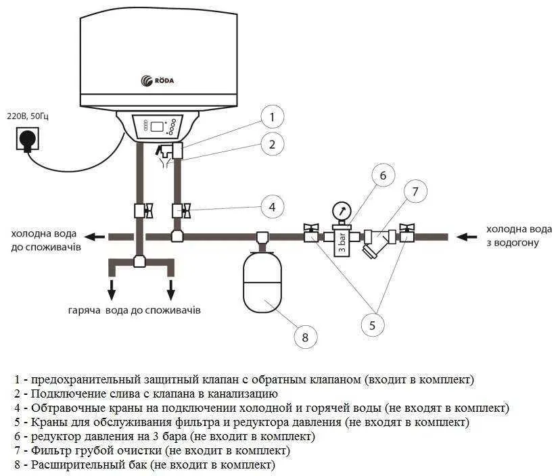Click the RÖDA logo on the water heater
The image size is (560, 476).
[x=158, y=80]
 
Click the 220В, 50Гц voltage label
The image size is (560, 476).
[x=28, y=116]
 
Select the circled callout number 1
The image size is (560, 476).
[x=272, y=117]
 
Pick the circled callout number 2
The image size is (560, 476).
[x=272, y=144]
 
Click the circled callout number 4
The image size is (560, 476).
[x=272, y=207]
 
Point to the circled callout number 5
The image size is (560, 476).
[x=372, y=325]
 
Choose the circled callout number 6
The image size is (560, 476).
[x=383, y=175]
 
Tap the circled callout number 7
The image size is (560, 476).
[x=415, y=192]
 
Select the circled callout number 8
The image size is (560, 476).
[x=305, y=337]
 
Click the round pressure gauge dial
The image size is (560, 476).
[x=342, y=212]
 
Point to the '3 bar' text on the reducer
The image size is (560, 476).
[x=342, y=243]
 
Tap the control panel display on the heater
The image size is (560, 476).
[x=158, y=126]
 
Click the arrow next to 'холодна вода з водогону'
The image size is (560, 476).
[x=467, y=237]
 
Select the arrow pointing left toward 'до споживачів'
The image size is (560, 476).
[x=95, y=237]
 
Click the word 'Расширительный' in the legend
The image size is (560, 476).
[x=89, y=465]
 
